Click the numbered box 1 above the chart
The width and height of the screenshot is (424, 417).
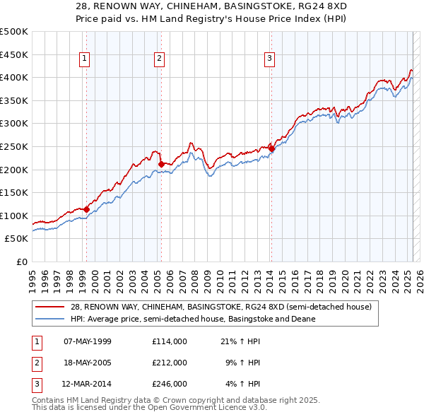point(85,59)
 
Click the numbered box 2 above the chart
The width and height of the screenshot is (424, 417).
point(160,59)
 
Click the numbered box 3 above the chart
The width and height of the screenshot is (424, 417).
point(270,59)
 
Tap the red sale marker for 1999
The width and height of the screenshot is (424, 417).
point(86,209)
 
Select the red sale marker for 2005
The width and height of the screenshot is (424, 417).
point(161,164)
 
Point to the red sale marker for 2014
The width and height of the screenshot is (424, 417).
point(271,148)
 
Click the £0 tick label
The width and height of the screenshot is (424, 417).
point(21,262)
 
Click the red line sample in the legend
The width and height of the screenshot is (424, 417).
point(49,307)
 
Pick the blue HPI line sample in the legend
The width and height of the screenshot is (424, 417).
point(49,319)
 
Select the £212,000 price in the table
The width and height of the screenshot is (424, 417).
point(170,363)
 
